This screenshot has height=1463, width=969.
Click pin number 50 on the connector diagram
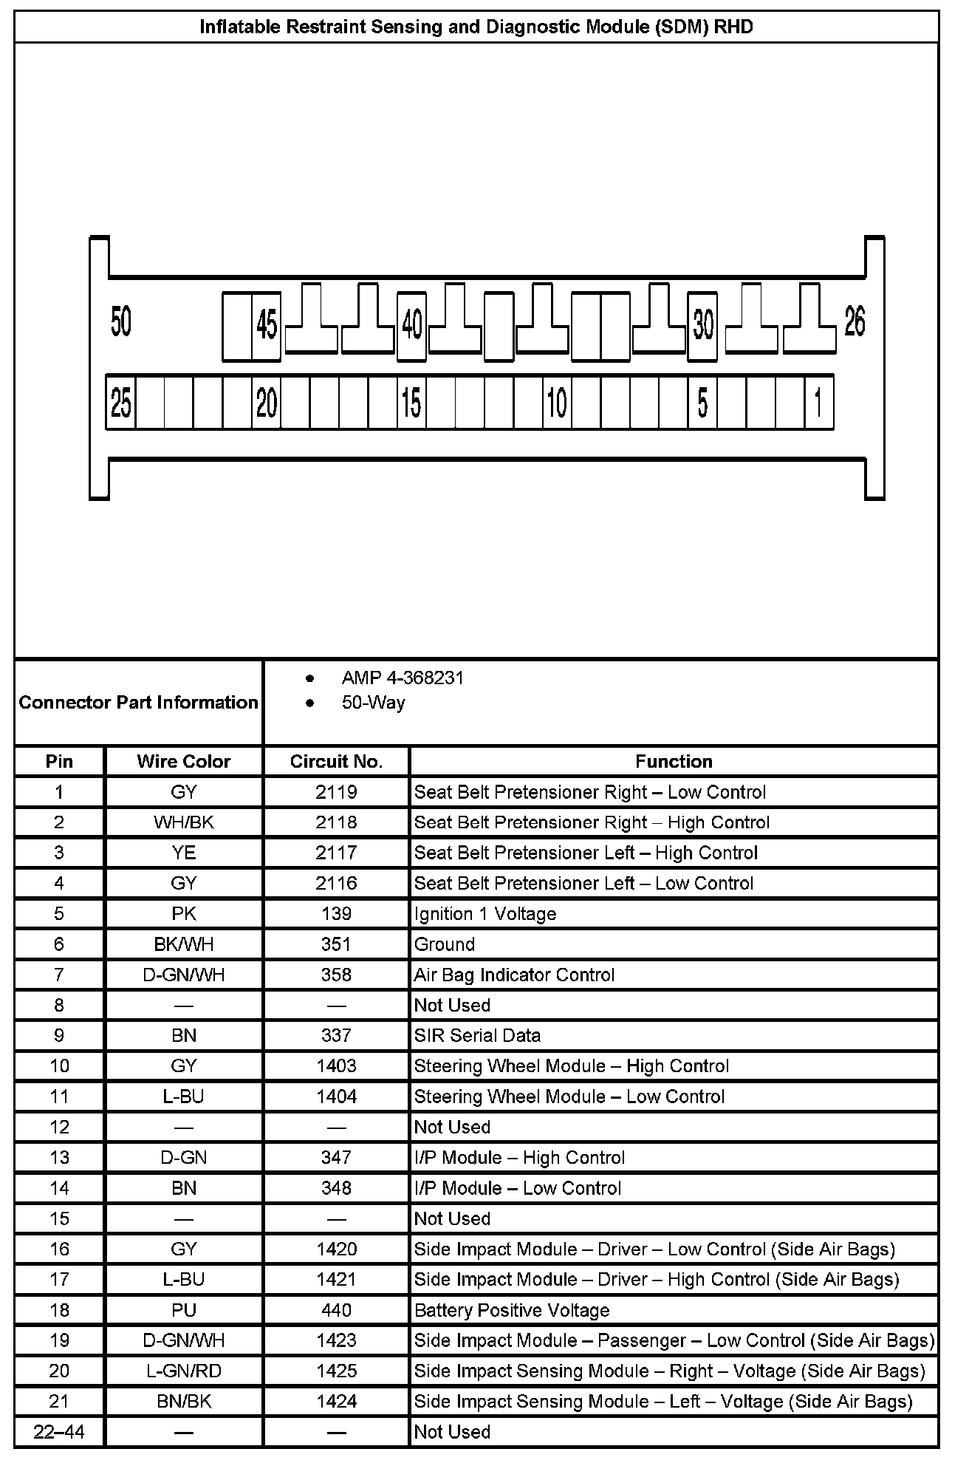point(121,322)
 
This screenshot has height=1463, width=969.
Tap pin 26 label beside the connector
point(855,322)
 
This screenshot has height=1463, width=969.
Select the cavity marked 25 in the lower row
point(121,403)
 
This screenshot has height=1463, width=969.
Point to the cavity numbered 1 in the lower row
point(818,403)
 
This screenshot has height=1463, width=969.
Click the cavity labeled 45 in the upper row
point(267,325)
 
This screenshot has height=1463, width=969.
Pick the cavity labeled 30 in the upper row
point(703,325)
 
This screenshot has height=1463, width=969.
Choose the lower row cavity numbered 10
point(557,403)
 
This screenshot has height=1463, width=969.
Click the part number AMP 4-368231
point(403,678)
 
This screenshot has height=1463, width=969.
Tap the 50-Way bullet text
point(373,702)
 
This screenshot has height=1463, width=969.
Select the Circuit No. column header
point(336,762)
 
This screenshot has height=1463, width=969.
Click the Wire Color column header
point(184,762)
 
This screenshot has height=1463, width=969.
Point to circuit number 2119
point(336,792)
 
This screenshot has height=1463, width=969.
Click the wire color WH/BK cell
point(184,822)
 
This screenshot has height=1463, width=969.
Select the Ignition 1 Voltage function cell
point(485,914)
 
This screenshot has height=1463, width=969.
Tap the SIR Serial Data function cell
point(477,1035)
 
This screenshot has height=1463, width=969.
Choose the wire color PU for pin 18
point(184,1310)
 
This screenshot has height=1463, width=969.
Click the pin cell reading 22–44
point(59,1432)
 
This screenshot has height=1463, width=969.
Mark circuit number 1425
point(336,1371)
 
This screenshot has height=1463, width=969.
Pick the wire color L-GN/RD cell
point(184,1371)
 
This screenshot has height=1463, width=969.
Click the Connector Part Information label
point(139,702)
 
